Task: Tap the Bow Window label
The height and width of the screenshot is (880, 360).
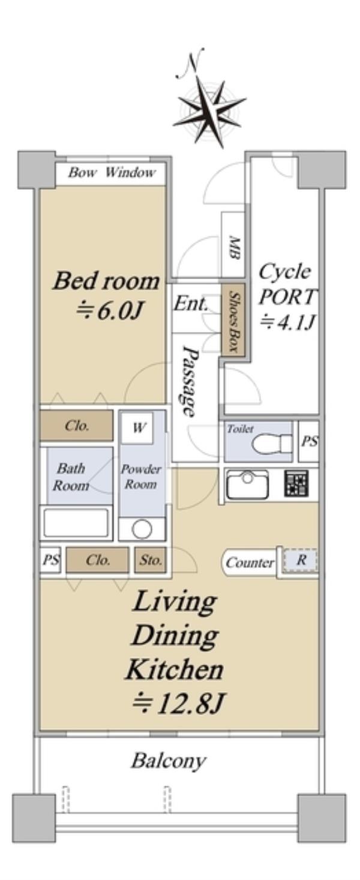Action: [112, 172]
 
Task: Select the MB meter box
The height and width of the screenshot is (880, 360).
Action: [233, 245]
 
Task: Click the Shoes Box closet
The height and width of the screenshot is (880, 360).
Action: [233, 321]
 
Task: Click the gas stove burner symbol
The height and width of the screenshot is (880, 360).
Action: [296, 483]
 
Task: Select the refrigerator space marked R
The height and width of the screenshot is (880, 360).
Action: [300, 560]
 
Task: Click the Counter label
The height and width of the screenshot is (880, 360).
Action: [250, 563]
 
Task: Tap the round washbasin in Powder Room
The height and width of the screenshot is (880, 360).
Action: [142, 529]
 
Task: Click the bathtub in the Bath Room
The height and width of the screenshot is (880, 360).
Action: [76, 522]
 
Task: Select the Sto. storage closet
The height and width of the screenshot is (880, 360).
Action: [151, 560]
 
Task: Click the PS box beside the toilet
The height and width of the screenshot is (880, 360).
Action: [308, 441]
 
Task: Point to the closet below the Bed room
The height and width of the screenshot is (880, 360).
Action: [77, 426]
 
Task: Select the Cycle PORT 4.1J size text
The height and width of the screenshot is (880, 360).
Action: [288, 322]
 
